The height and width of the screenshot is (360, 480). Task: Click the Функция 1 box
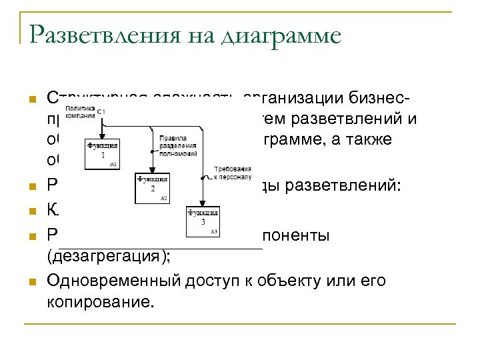101,153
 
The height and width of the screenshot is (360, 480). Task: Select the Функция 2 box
153,188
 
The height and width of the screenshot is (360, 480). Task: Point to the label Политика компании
79,111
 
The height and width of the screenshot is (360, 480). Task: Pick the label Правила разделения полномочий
178,145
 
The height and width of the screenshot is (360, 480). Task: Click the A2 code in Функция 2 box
164,199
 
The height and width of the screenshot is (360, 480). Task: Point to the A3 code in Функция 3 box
214,231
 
